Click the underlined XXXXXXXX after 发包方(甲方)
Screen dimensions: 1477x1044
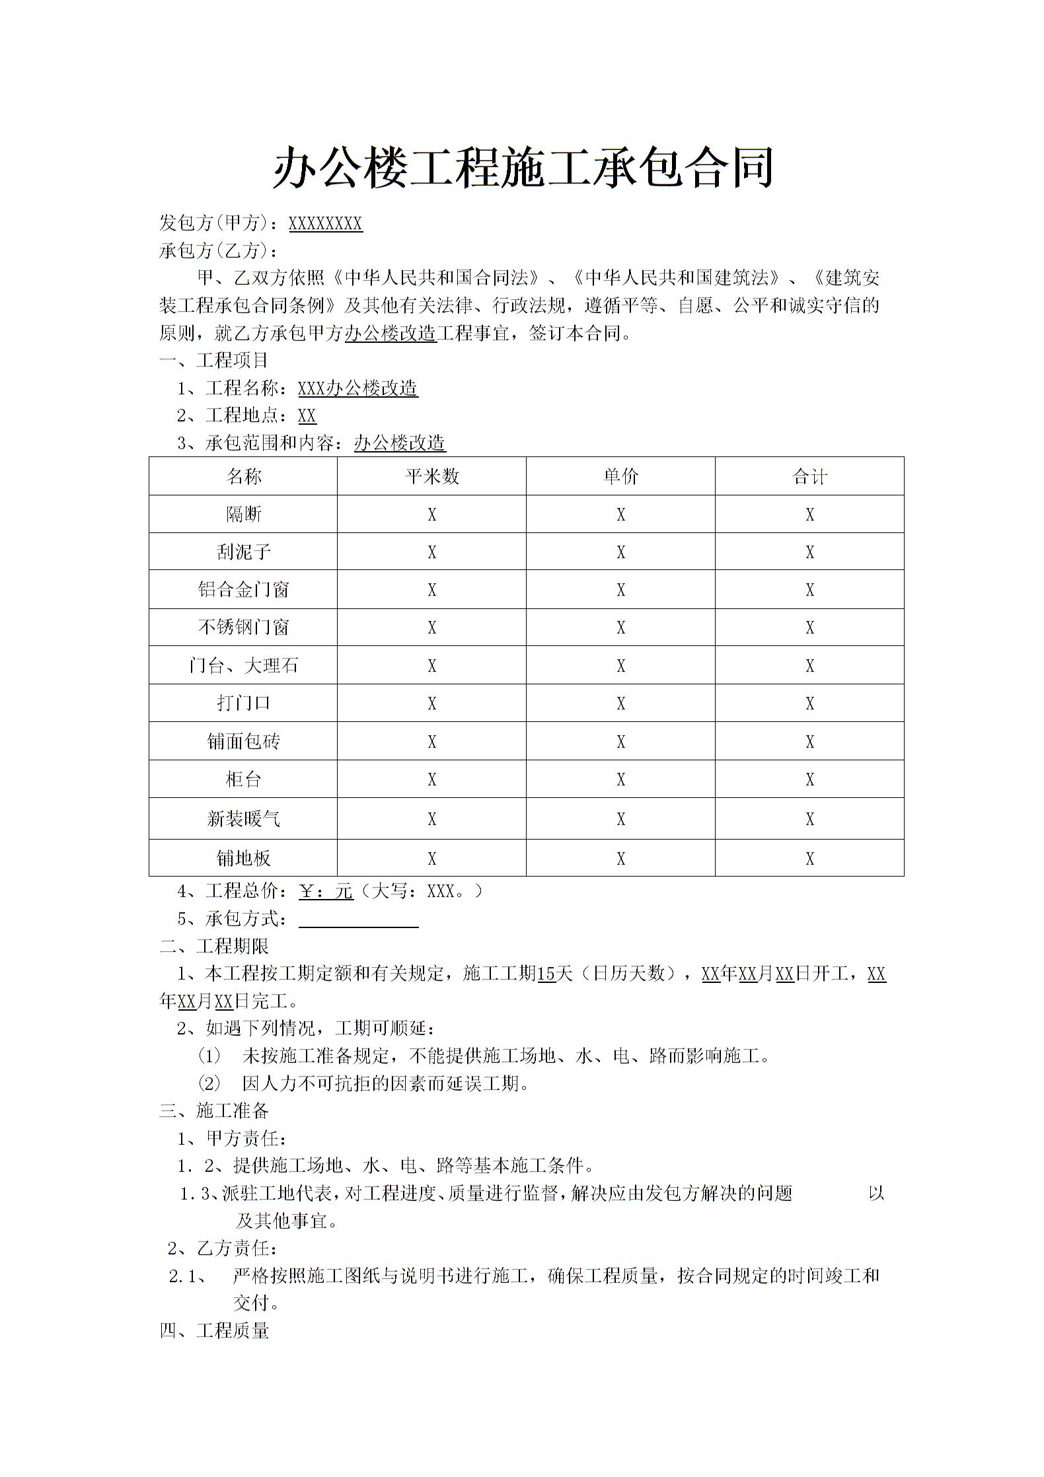pos(325,224)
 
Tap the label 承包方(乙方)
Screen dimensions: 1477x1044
pos(219,251)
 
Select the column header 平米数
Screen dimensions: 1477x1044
pos(431,476)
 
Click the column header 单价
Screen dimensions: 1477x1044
pos(620,476)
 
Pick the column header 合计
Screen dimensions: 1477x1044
pos(809,476)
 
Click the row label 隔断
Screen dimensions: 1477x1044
pos(244,514)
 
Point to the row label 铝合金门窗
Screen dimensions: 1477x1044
pos(244,589)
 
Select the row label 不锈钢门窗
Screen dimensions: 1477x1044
pos(244,627)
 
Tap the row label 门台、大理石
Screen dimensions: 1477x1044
pos(244,665)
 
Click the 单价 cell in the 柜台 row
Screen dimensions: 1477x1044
pos(620,779)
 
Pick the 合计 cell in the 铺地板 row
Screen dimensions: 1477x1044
pos(809,858)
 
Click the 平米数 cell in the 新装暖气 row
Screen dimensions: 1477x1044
pos(431,819)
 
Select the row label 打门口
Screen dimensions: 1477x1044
pos(244,703)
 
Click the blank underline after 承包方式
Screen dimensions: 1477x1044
pos(358,920)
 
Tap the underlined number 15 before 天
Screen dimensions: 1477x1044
pos(546,974)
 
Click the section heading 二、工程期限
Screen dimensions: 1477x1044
pos(214,947)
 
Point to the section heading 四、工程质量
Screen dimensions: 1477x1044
pos(214,1331)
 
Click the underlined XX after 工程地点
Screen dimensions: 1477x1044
pos(307,415)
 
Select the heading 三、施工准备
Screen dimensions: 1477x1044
pos(214,1111)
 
